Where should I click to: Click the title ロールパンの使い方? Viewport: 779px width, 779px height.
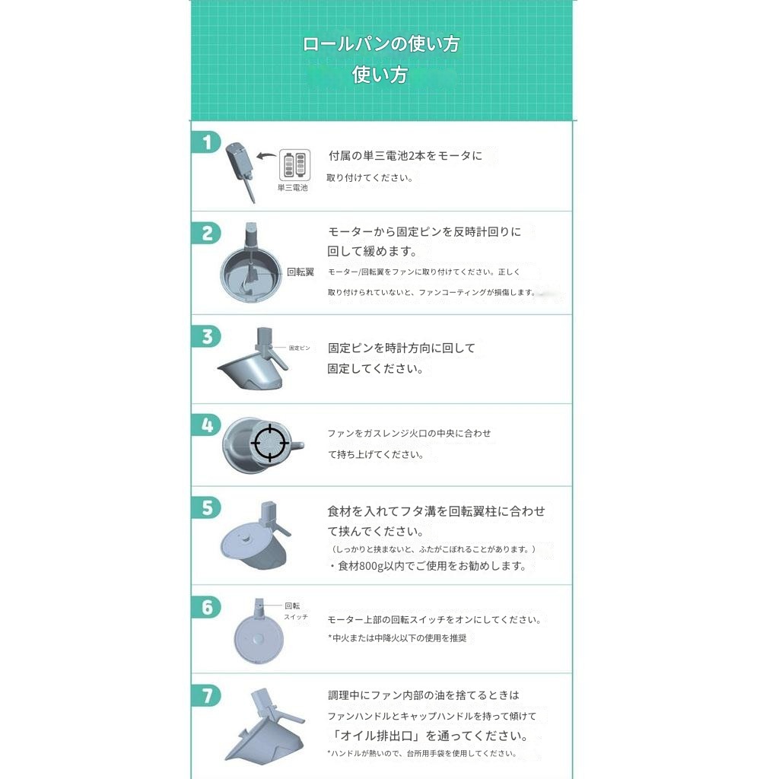coord(380,44)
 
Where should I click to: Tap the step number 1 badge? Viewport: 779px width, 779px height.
coord(206,142)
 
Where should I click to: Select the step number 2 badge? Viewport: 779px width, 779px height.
coord(206,233)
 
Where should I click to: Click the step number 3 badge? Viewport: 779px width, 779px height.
coord(206,335)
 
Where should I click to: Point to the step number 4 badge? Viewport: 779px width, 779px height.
coord(206,424)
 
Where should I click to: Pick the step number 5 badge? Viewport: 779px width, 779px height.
coord(206,507)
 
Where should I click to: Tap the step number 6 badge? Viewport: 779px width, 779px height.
coord(206,607)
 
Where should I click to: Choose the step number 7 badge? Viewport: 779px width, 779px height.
coord(206,695)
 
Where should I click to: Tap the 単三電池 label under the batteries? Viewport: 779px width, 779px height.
coord(293,187)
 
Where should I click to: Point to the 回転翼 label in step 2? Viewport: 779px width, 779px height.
coord(300,272)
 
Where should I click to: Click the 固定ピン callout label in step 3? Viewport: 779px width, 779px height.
coord(299,348)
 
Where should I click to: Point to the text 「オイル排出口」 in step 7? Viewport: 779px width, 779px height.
coord(375,736)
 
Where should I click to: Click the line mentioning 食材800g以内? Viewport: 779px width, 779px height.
coord(427,566)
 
